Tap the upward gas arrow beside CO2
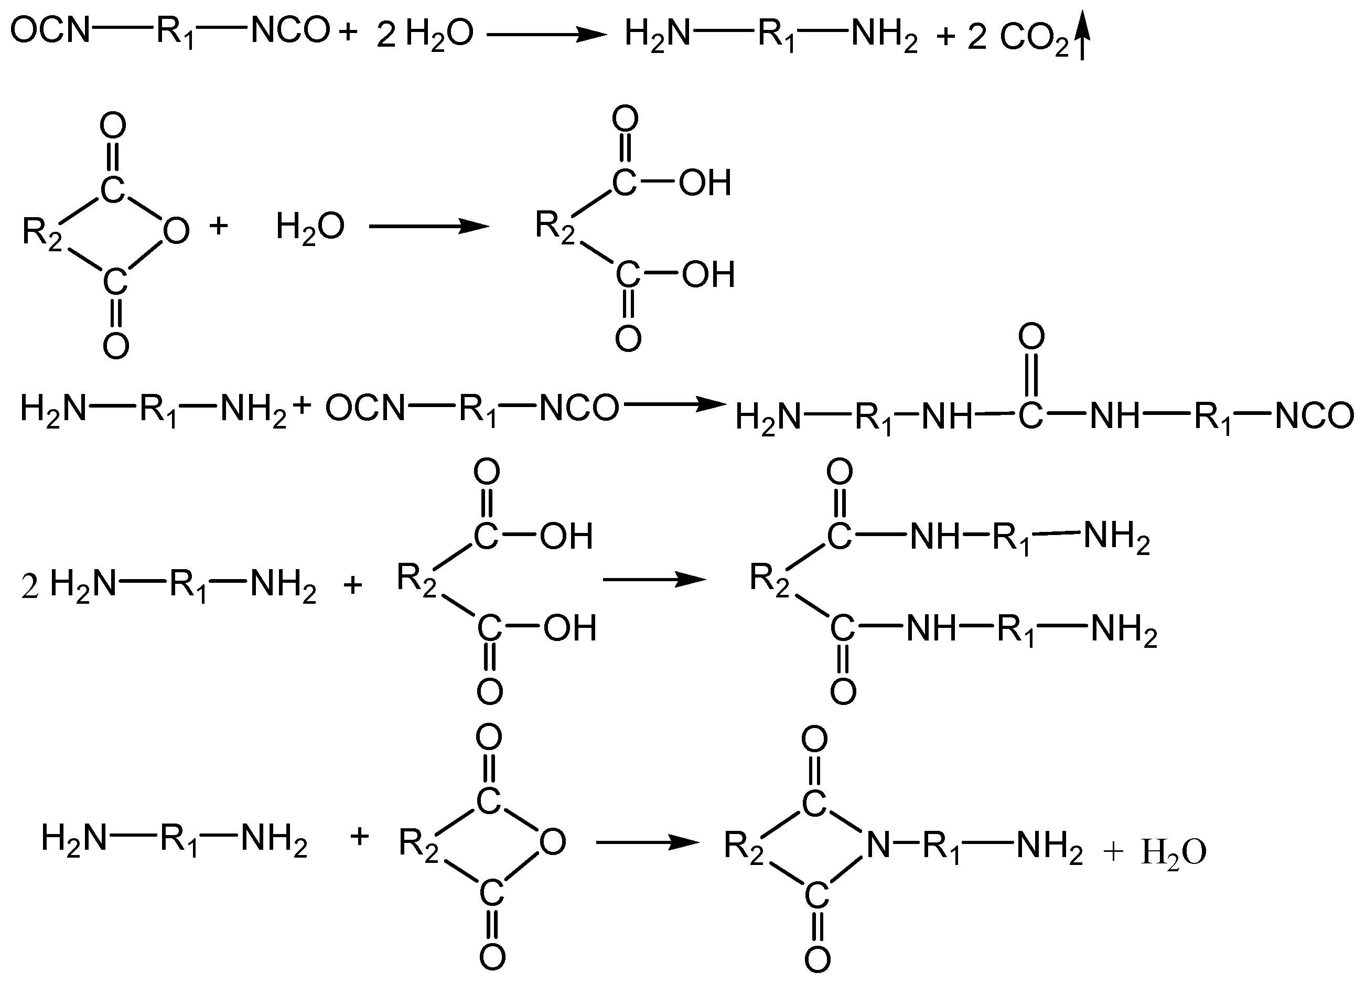(x=1082, y=36)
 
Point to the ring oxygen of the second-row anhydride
(x=176, y=231)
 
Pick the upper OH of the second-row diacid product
(x=705, y=182)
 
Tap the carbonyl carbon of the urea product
(x=1030, y=415)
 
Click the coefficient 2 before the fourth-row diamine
(x=29, y=586)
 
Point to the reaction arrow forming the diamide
(x=653, y=580)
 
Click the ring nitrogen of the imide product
(x=878, y=845)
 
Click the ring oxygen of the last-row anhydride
(x=552, y=841)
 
